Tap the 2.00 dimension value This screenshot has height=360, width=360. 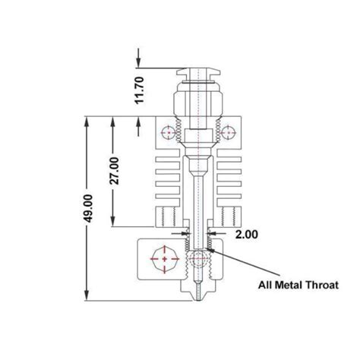[246, 235]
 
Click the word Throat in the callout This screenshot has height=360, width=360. [320, 285]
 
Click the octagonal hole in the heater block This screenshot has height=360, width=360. [163, 258]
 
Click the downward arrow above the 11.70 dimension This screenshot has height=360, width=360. [140, 63]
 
